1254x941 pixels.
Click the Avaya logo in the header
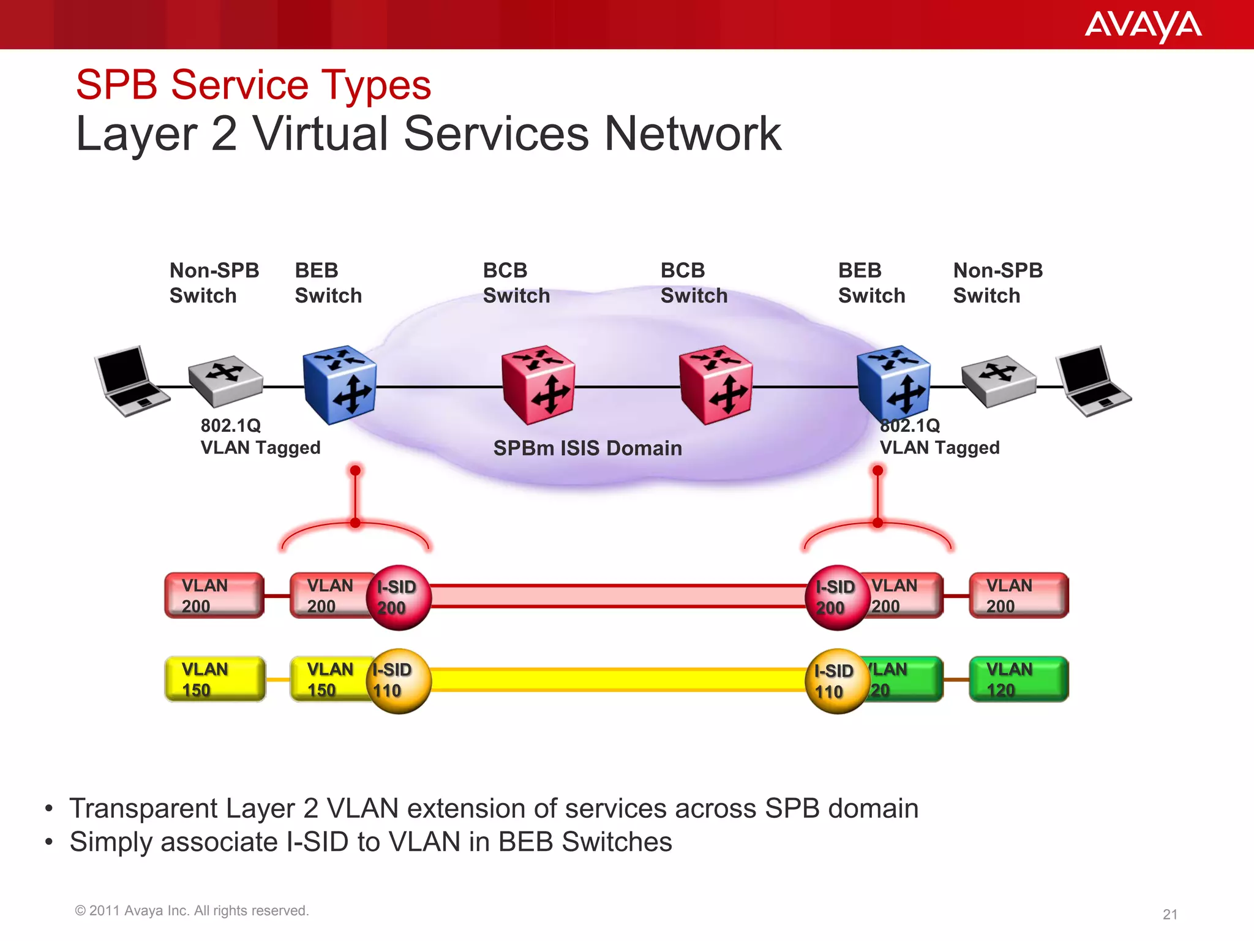(1143, 26)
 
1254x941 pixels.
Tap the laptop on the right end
(1092, 381)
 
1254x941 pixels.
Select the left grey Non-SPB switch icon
(225, 381)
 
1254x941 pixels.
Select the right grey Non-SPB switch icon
(998, 381)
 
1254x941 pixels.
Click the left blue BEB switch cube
(340, 385)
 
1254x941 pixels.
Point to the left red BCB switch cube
(538, 385)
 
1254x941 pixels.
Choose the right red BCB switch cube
(716, 385)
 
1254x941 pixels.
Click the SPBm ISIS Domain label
(587, 448)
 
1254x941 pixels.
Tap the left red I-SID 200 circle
(399, 597)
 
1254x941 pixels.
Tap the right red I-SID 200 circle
(836, 597)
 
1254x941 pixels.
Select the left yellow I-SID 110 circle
(399, 681)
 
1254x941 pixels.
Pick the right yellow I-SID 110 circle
(836, 681)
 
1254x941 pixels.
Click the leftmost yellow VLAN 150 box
(215, 679)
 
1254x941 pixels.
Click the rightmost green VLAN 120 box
(1018, 679)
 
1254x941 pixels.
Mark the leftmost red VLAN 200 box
(214, 595)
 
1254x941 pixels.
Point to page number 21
(1170, 915)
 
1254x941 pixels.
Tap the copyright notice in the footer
(192, 911)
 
